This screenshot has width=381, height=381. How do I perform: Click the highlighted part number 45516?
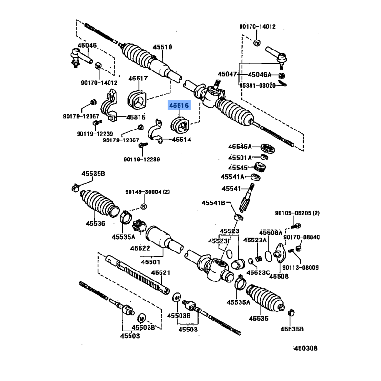coord(179,106)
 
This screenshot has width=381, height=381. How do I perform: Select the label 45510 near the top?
coord(162,47)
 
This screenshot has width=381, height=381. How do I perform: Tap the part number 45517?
coord(138,78)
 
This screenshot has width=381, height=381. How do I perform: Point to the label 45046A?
coord(259,75)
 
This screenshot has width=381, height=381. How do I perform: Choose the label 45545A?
coord(240,147)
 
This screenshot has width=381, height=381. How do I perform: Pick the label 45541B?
coord(213,203)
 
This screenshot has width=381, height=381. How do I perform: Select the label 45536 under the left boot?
coord(95,223)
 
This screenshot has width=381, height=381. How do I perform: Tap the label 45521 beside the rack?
coord(160,272)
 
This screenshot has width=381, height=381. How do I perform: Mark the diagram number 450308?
coord(305,348)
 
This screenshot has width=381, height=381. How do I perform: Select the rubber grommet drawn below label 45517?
coord(137,99)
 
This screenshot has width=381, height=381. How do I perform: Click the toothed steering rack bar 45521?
coord(143,277)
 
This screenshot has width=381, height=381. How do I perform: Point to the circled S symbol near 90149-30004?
coord(143,206)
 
